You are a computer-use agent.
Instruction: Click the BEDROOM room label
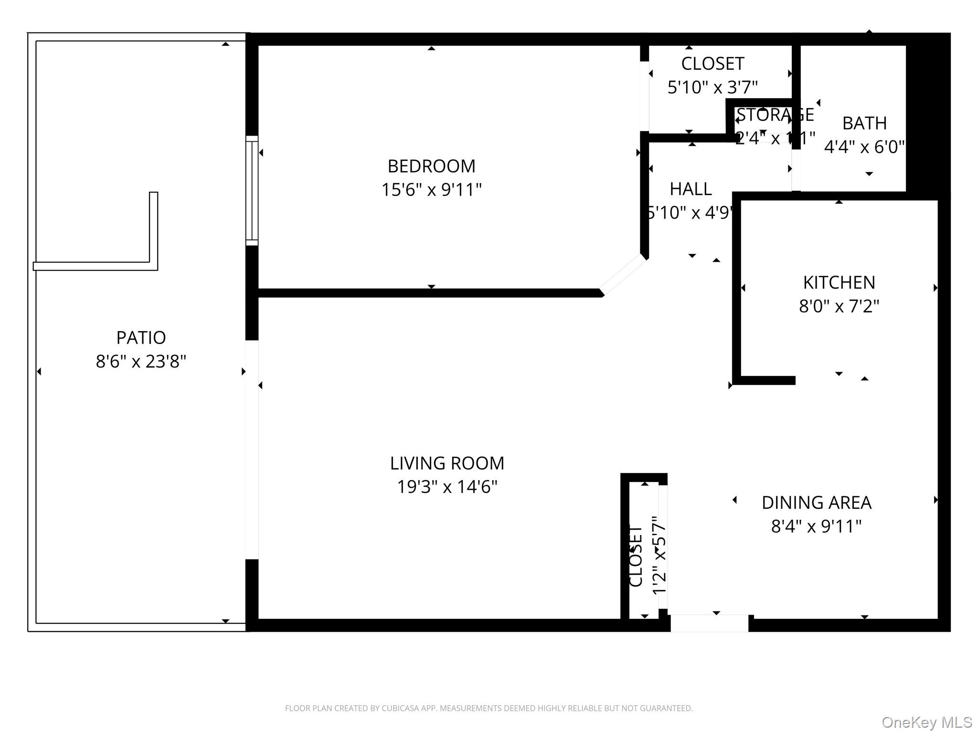[x=431, y=167]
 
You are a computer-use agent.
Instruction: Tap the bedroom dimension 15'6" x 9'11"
[x=431, y=190]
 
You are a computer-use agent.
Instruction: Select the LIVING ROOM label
[x=447, y=463]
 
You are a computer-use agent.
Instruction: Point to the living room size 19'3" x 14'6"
[x=447, y=487]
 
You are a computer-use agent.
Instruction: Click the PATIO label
[x=141, y=338]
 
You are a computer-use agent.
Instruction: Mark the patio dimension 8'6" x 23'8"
[x=141, y=362]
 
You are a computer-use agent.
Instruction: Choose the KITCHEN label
[x=839, y=283]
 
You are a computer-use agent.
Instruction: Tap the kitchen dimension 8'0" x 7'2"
[x=839, y=306]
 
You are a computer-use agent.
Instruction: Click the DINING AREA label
[x=817, y=503]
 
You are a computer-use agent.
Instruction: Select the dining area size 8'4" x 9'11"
[x=817, y=526]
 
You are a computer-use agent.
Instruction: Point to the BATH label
[x=864, y=123]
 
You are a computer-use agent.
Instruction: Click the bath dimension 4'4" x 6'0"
[x=864, y=147]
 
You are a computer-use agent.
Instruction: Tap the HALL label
[x=691, y=189]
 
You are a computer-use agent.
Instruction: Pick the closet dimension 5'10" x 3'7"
[x=712, y=87]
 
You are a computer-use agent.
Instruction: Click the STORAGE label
[x=775, y=115]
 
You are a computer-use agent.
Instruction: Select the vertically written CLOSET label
[x=636, y=555]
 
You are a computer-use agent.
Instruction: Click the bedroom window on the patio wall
[x=252, y=190]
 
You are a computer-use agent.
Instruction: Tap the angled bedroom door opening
[x=623, y=275]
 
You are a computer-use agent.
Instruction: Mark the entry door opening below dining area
[x=709, y=623]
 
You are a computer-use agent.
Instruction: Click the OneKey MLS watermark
[x=926, y=722]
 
